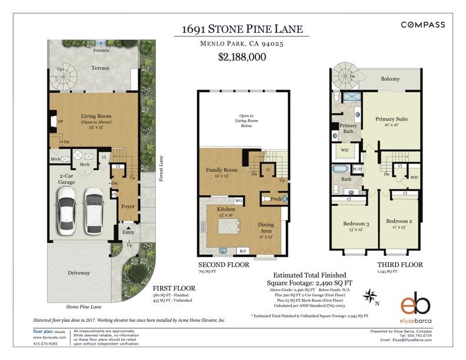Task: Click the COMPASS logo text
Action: pyautogui.click(x=422, y=25)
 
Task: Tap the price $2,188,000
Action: pyautogui.click(x=242, y=57)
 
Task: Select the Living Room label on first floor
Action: pyautogui.click(x=96, y=116)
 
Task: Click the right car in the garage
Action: pyautogui.click(x=93, y=210)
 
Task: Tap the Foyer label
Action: pyautogui.click(x=128, y=206)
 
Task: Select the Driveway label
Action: pyautogui.click(x=78, y=272)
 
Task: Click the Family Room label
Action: pyautogui.click(x=221, y=170)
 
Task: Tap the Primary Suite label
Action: pyautogui.click(x=391, y=119)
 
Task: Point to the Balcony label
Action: pyautogui.click(x=390, y=78)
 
